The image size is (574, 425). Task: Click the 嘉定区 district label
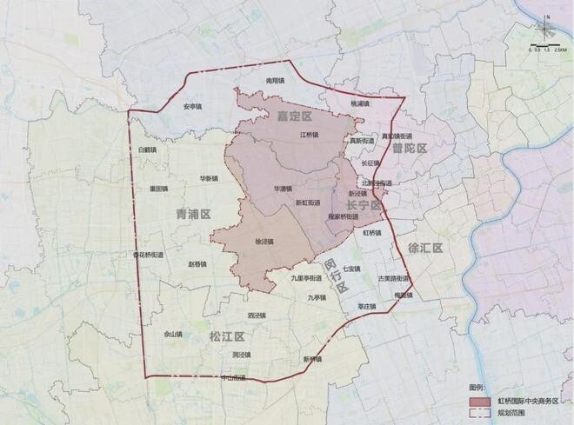coord(293,116)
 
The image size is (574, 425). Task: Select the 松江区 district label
coord(227,335)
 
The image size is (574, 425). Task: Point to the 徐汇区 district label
coord(426,248)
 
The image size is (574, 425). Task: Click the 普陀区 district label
coord(409,149)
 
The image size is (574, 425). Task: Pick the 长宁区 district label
coord(364,204)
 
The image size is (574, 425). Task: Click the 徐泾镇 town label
coord(264,242)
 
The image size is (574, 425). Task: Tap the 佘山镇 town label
coord(173,333)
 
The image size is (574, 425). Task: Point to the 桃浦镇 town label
coord(359,103)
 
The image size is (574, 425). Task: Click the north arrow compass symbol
coord(545,27)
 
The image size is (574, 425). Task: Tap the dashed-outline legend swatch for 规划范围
coord(479,414)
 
